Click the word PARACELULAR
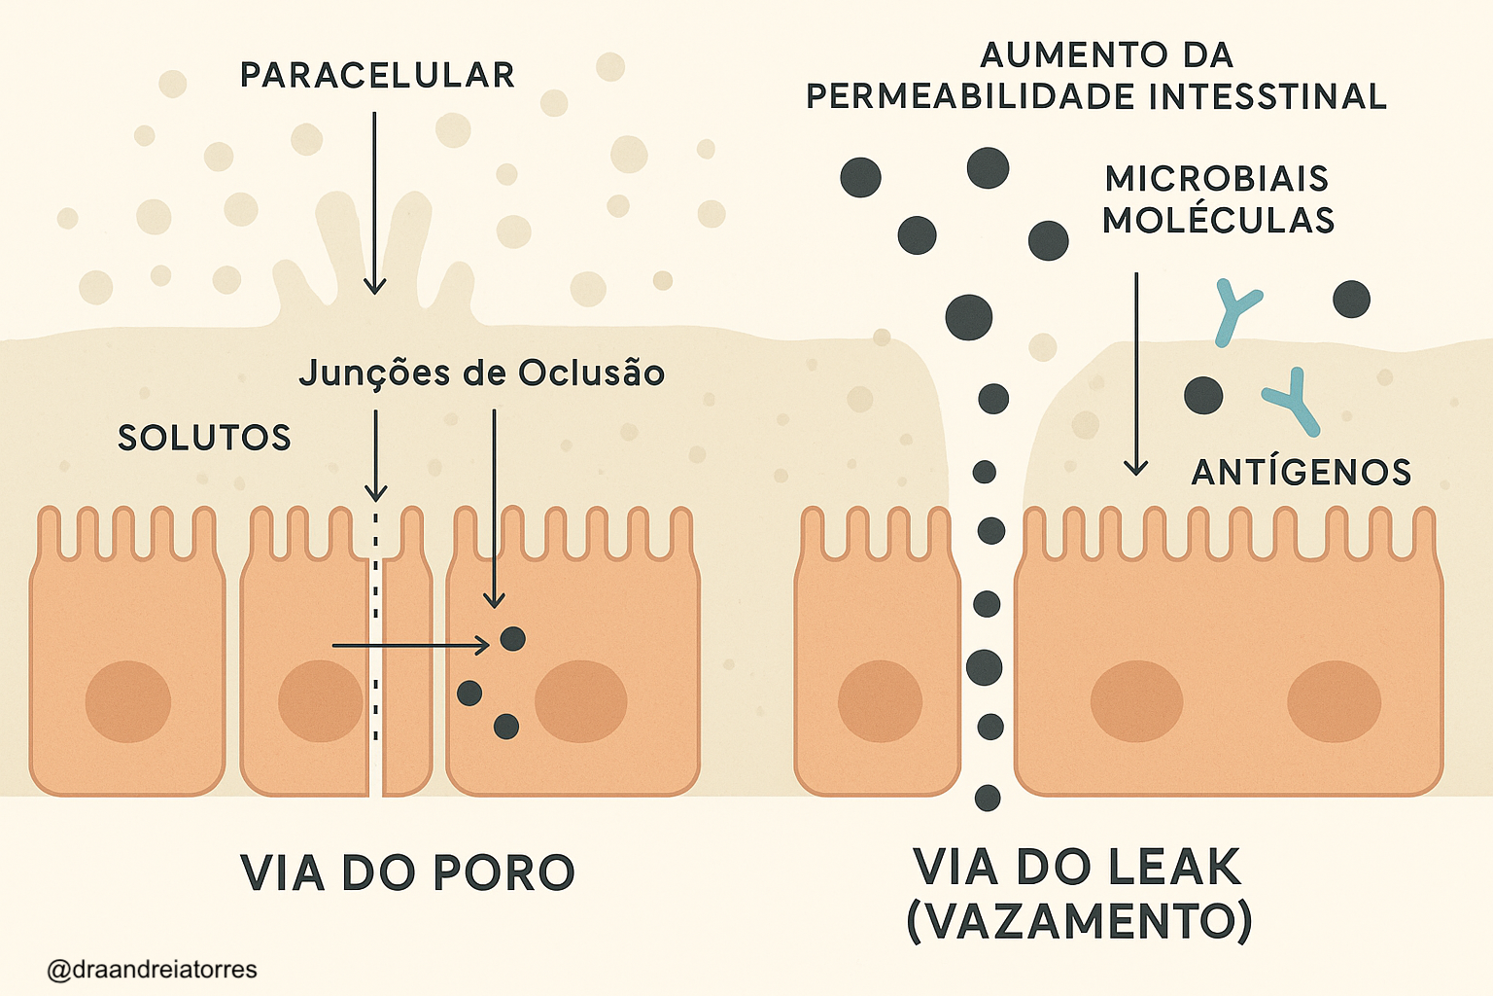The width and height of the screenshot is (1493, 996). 377,76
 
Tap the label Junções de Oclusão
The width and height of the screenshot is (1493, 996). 481,373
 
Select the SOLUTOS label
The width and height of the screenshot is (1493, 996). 204,438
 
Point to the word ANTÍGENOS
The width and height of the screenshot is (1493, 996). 1301,473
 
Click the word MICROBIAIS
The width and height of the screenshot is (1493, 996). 1217,179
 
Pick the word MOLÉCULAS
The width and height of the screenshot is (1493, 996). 1218,221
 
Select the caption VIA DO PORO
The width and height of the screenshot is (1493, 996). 407,872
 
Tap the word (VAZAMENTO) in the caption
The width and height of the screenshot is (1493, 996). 1079,921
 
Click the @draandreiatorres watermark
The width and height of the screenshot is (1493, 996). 152,970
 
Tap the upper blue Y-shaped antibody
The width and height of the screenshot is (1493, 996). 1235,310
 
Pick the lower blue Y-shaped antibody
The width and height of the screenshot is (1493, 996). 1294,400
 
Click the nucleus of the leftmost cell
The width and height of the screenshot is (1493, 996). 128,701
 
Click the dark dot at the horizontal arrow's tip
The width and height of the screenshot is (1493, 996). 512,639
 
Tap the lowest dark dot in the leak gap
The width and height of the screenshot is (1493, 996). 988,799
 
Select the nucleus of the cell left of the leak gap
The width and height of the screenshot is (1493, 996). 880,700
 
